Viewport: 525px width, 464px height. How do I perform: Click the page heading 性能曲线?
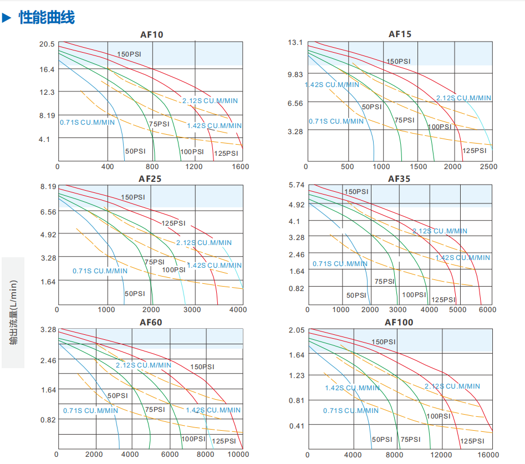[47, 18]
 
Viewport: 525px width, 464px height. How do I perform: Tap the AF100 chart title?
[399, 322]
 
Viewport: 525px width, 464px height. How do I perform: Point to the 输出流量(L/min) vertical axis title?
[14, 312]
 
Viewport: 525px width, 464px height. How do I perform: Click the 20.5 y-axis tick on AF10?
[47, 44]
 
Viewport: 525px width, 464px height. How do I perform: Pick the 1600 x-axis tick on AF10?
[240, 166]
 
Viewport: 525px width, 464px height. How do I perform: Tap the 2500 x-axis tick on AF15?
[488, 166]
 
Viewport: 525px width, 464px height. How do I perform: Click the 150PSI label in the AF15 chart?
[399, 62]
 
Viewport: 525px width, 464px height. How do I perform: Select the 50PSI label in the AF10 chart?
[135, 151]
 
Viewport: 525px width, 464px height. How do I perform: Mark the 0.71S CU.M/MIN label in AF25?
[100, 271]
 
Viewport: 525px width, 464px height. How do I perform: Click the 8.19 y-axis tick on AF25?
[49, 187]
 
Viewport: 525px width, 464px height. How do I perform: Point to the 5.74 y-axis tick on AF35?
[297, 186]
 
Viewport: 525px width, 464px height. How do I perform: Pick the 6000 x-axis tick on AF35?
[487, 309]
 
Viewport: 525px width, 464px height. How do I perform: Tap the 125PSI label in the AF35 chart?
[443, 299]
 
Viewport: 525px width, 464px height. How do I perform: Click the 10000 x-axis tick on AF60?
[238, 454]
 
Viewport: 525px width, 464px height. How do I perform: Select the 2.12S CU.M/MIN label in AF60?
[144, 365]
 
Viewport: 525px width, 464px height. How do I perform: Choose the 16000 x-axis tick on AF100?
[488, 455]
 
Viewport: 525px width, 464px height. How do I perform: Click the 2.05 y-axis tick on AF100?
[297, 330]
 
